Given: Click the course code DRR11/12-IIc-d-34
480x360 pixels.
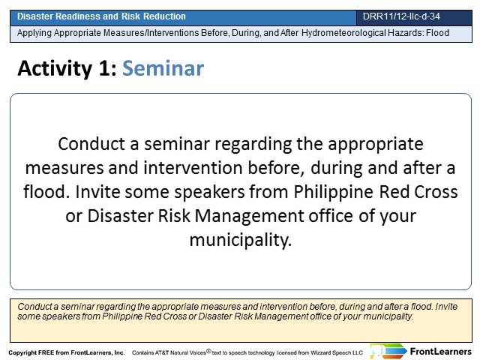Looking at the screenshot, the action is (401, 16).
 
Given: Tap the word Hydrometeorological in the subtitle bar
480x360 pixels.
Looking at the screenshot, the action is (342, 33).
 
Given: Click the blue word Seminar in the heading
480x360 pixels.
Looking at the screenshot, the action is (163, 68).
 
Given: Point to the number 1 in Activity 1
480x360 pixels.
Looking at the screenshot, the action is (105, 68).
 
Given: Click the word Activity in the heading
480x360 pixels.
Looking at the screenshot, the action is (55, 68).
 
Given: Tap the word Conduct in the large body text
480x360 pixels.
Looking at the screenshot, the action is (91, 144).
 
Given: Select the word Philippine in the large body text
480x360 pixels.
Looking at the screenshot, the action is (333, 192).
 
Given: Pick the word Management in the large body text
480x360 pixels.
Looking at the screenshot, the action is (249, 216).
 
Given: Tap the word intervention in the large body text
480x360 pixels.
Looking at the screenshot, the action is (193, 168).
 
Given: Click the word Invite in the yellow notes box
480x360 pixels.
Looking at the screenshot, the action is (446, 307).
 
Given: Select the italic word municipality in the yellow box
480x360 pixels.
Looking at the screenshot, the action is (388, 316).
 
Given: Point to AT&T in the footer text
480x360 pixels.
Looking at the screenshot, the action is (162, 352).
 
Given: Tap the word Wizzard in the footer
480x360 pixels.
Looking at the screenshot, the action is (321, 352).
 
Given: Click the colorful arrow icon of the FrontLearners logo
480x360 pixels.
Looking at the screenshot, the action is (388, 351).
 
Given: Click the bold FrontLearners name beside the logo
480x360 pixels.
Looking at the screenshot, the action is (440, 352).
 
